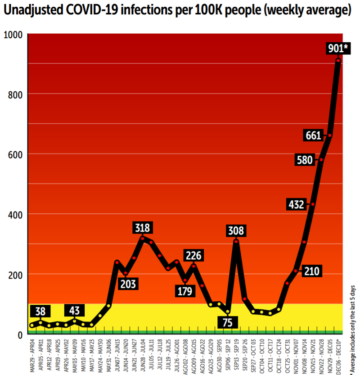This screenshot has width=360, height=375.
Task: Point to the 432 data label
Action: coord(297,205)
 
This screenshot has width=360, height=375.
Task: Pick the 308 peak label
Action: coord(236,231)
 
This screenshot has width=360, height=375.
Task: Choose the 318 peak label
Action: coord(142,228)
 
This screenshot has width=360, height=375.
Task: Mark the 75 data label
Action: coord(228,323)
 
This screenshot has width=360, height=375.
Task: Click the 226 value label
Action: coord(194,256)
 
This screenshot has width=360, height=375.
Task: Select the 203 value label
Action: coord(128,284)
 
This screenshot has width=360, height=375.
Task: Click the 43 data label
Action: coord(75,310)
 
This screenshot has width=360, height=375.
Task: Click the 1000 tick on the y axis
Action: coord(13,34)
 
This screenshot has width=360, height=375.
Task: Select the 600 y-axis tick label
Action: coord(15,154)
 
